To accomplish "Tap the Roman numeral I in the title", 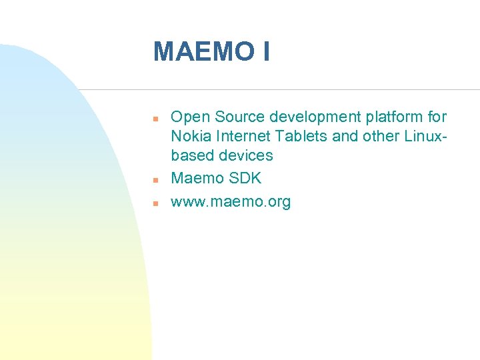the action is pos(267,52).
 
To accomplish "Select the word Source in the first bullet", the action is pos(239,117).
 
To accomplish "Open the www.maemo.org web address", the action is pos(231,202).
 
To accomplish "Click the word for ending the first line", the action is pos(437,117).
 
